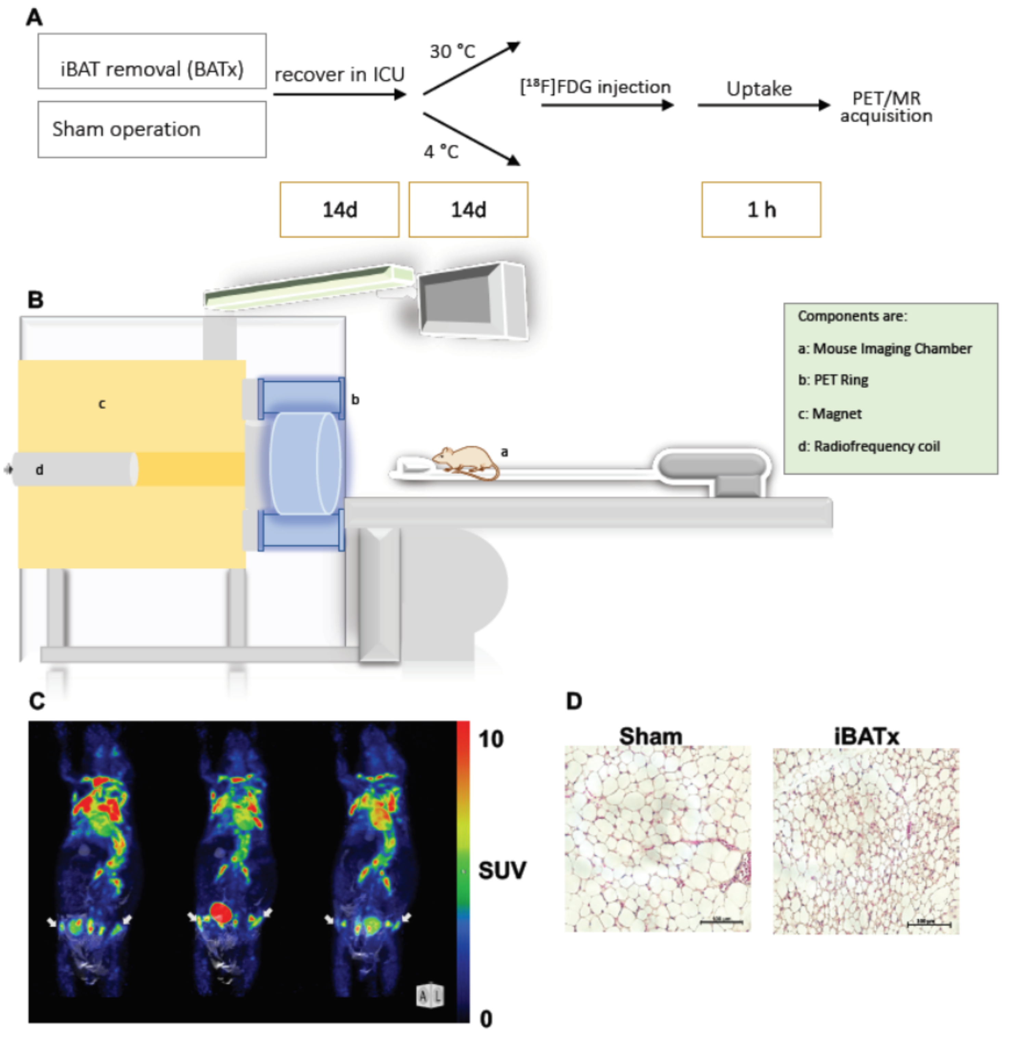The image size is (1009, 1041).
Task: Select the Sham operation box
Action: pyautogui.click(x=152, y=129)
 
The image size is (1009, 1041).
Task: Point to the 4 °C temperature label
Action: pyautogui.click(x=441, y=152)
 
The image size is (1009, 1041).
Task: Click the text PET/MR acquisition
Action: pyautogui.click(x=886, y=107)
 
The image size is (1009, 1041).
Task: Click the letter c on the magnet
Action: pyautogui.click(x=102, y=404)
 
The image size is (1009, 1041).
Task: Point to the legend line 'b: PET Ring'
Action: pyautogui.click(x=833, y=380)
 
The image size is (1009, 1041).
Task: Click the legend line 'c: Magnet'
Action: pyautogui.click(x=830, y=414)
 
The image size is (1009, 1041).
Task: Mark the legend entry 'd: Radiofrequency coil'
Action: pyautogui.click(x=868, y=446)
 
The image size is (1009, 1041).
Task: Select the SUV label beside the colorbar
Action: pyautogui.click(x=502, y=870)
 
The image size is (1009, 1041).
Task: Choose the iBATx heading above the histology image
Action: pyautogui.click(x=866, y=737)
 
